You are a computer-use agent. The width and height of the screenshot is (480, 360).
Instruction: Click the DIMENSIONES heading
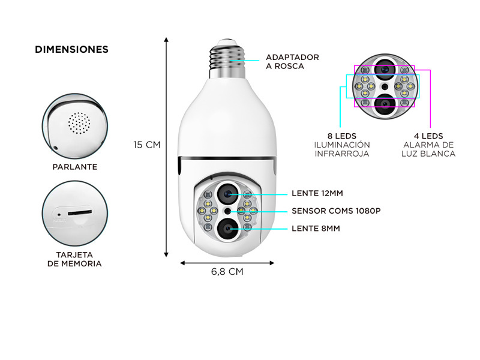coord(71,49)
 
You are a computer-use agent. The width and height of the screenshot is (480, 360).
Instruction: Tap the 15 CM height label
coord(147,145)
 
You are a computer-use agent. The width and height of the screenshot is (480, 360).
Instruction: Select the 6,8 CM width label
coord(227,272)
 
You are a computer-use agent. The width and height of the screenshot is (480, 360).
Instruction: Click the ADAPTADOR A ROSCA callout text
coord(292,62)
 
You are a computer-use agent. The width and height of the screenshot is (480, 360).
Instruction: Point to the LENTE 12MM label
coord(317,193)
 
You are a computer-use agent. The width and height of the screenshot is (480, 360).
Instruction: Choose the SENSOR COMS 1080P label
coord(336,211)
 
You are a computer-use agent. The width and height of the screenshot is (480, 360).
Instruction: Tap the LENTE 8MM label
coord(316,229)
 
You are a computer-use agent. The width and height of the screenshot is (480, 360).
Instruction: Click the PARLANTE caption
coord(75,167)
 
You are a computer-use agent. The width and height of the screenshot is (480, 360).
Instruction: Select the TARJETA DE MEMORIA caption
coord(74,259)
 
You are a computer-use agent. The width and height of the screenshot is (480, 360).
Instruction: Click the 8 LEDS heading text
coord(342,136)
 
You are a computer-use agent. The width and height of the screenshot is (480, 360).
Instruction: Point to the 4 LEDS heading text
coord(428,136)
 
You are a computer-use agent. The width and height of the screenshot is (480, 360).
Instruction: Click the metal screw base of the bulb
coord(227,59)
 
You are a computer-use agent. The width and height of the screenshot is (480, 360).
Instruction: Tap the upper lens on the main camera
coord(227,194)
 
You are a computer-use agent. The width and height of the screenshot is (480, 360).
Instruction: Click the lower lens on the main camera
coord(227,229)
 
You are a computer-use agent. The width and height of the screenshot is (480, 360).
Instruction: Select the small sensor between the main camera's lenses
coord(227,211)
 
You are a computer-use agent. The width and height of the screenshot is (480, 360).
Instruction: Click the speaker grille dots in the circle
coord(79,123)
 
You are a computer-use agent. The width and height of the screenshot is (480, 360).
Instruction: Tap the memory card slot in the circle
coord(80,212)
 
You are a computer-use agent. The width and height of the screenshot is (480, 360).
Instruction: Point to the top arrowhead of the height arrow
coord(166,40)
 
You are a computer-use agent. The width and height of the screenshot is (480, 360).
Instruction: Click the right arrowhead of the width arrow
coord(272,263)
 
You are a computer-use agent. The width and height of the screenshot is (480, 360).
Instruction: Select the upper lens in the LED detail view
coord(385,69)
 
